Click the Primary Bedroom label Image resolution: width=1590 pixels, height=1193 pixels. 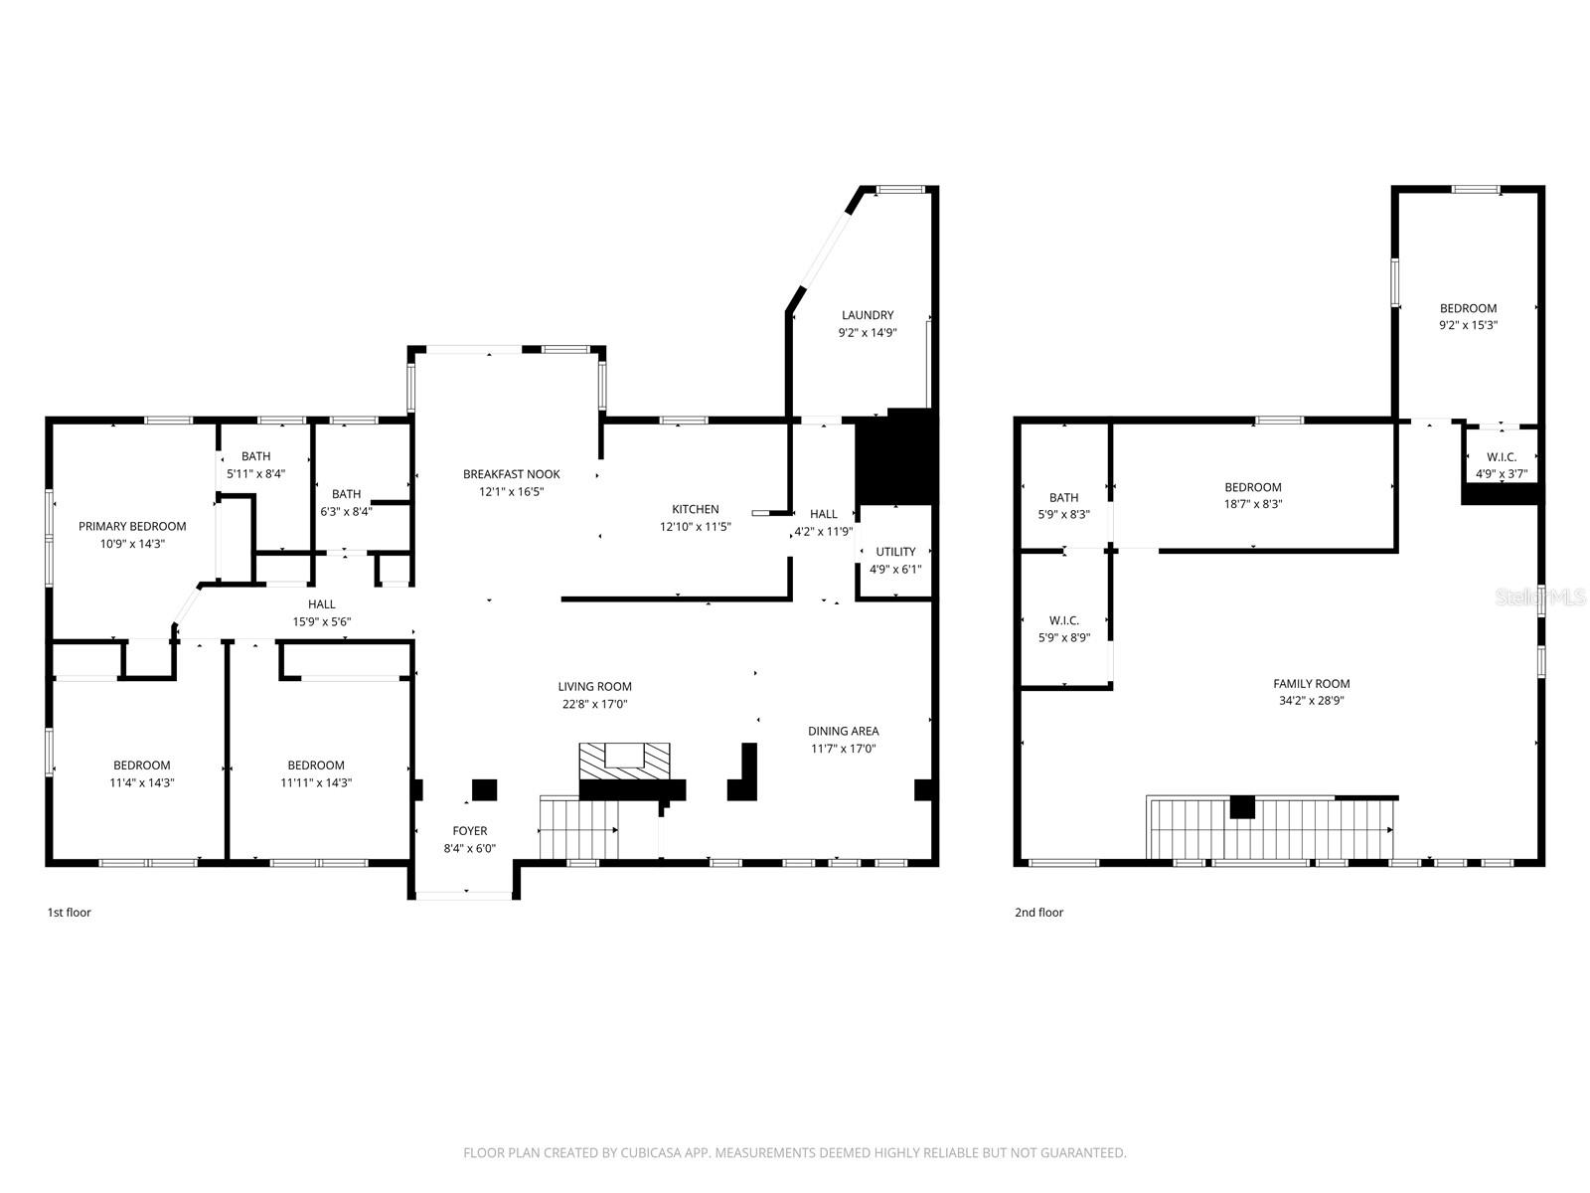[132, 526]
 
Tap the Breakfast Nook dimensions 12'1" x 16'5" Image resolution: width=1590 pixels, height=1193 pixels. [512, 491]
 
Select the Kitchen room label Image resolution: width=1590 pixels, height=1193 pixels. [695, 509]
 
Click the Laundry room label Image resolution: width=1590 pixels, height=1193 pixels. [868, 315]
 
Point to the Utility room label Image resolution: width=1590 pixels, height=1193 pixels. [895, 552]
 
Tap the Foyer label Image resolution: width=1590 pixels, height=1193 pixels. [470, 831]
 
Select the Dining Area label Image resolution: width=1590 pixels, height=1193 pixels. [843, 731]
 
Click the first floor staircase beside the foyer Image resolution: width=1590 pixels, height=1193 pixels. [577, 828]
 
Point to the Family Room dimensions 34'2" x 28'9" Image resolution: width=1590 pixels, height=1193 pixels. [1312, 701]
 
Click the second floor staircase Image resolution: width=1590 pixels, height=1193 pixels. [1272, 828]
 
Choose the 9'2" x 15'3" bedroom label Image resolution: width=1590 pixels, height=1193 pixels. [1468, 308]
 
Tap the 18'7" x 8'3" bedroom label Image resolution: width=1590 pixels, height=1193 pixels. [1252, 487]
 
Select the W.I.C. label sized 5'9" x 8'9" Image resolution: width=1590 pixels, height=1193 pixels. [1063, 620]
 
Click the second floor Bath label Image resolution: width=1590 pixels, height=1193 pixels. [1063, 497]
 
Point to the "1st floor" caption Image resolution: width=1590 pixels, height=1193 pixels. [70, 913]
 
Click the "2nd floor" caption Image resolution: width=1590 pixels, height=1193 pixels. [1038, 913]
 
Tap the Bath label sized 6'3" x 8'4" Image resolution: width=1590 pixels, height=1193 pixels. [346, 494]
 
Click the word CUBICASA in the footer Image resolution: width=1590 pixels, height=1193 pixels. [652, 1153]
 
